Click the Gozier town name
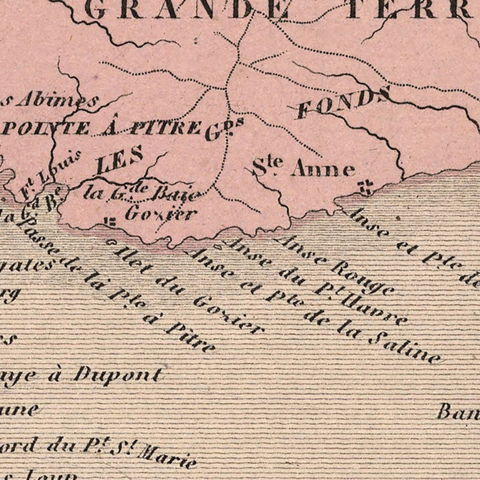[161, 214]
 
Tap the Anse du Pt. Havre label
[314, 282]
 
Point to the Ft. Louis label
[51, 173]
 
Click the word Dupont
[117, 374]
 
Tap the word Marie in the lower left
[166, 455]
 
